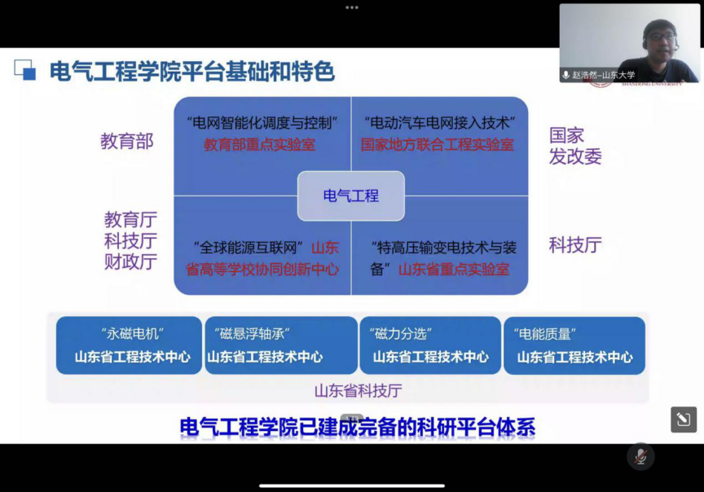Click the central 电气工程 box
(x=350, y=195)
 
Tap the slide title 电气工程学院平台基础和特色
(x=192, y=72)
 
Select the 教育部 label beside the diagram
(x=127, y=141)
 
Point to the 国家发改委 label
(x=575, y=146)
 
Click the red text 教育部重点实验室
(x=259, y=144)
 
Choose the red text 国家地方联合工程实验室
(x=438, y=144)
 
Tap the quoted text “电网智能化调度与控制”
(x=262, y=122)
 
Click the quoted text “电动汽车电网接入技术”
(x=439, y=122)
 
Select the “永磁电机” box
(x=129, y=345)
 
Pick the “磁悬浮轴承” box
(x=281, y=345)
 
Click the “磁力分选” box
(x=430, y=345)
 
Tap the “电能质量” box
(x=574, y=345)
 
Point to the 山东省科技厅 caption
(x=358, y=390)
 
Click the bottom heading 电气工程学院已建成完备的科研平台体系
(x=358, y=427)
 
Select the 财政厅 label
(x=130, y=261)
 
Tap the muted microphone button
(x=640, y=457)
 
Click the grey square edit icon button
(x=684, y=420)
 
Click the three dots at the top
(x=352, y=7)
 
